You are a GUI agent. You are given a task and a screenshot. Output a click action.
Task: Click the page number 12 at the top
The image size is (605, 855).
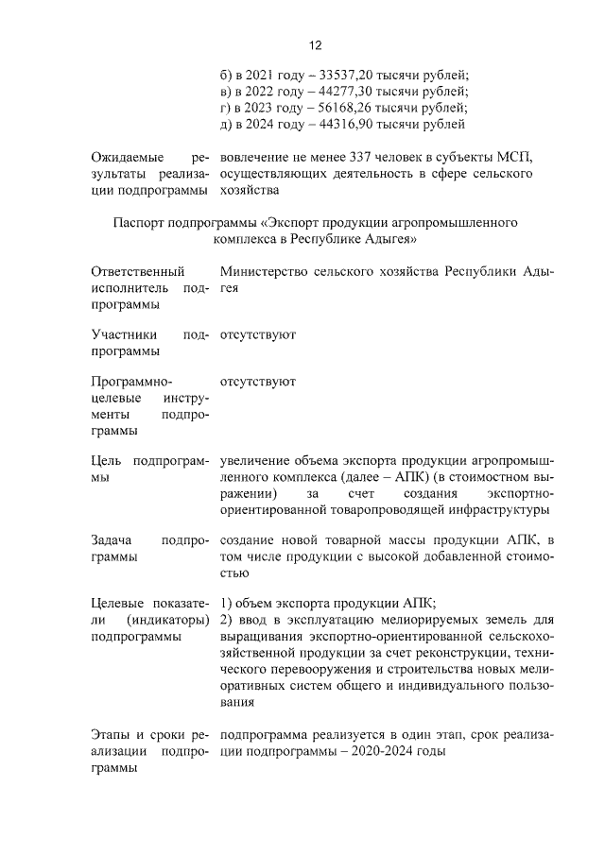tap(317, 45)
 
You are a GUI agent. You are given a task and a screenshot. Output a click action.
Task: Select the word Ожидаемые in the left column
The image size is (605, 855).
tap(126, 157)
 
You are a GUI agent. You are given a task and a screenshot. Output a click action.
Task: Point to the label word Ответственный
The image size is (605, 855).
tap(139, 272)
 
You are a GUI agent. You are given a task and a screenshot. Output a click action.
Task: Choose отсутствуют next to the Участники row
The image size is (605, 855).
tap(257, 334)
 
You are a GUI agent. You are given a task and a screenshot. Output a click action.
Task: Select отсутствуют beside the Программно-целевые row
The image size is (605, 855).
tap(257, 382)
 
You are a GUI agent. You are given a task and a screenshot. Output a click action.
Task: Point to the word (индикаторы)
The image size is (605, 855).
tap(167, 620)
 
